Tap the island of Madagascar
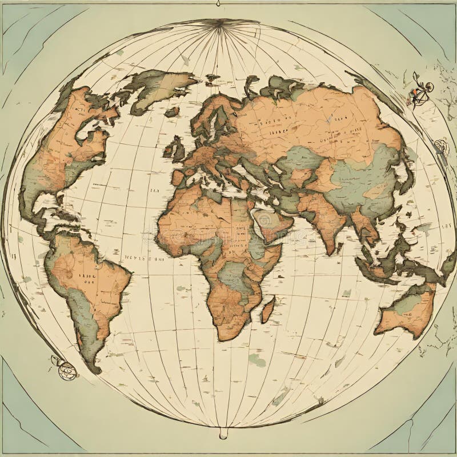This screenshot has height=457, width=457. [x=267, y=309]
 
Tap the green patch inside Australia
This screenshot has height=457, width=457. [x=406, y=306]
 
